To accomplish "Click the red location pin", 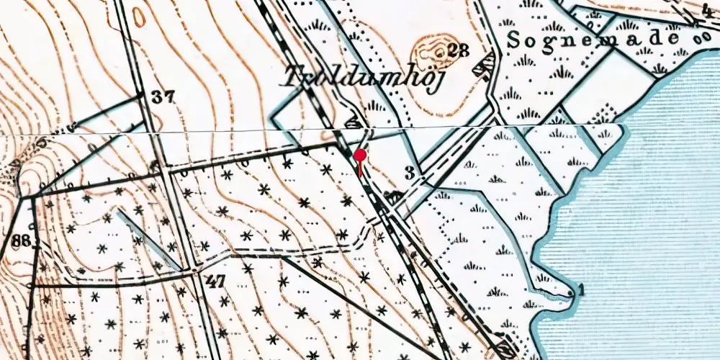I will tap(360, 156).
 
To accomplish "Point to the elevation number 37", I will tap(163, 98).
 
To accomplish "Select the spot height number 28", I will tap(458, 50).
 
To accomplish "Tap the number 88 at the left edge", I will tap(21, 240).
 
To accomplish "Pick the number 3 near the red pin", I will tap(410, 173).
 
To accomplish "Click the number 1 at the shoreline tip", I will tap(581, 290).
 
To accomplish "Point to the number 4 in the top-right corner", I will tap(707, 9).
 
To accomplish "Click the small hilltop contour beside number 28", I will tap(428, 50).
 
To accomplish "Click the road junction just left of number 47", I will tap(194, 271).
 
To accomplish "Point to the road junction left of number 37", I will tap(141, 94).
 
